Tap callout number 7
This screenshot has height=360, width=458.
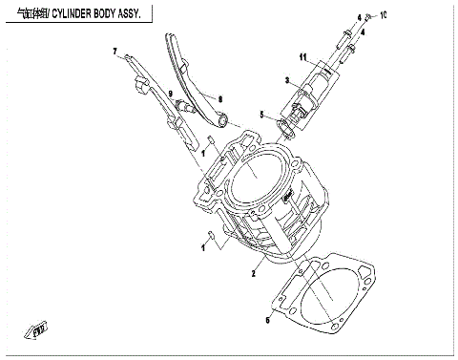click(x=115, y=50)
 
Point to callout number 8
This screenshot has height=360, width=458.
click(x=219, y=96)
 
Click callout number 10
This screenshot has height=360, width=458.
click(x=383, y=17)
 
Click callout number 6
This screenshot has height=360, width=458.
click(x=268, y=322)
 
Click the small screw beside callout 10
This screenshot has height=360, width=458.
click(x=370, y=19)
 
